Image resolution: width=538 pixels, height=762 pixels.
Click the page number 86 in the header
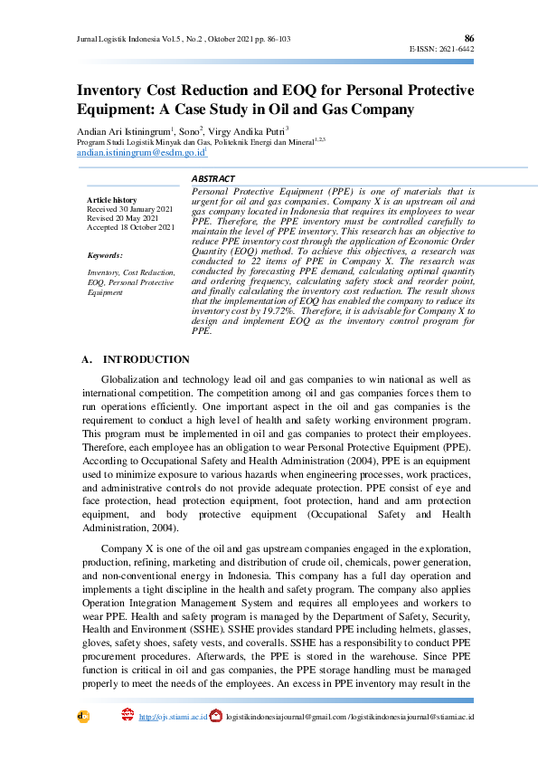click(x=468, y=38)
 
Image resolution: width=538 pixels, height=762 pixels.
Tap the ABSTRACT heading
click(x=213, y=179)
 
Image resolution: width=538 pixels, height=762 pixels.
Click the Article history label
click(x=112, y=200)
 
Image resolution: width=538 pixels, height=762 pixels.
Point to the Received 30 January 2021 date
click(x=129, y=209)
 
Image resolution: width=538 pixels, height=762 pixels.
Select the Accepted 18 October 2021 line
click(x=130, y=227)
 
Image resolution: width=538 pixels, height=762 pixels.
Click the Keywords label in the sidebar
click(x=105, y=256)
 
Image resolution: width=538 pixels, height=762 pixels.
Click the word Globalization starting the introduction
click(x=132, y=380)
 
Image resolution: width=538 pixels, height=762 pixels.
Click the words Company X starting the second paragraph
click(x=127, y=549)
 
